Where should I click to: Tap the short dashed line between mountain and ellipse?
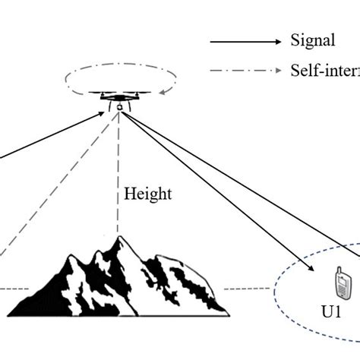248,289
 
